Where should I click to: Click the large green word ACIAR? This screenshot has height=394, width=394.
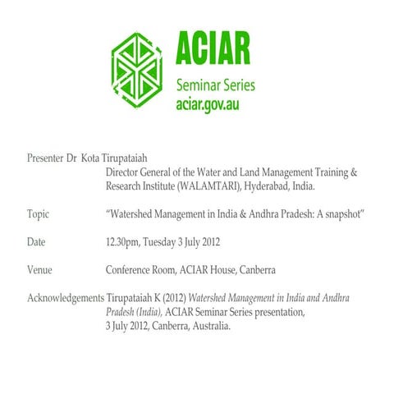[213, 51]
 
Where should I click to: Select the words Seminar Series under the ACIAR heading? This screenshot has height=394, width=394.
[216, 85]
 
